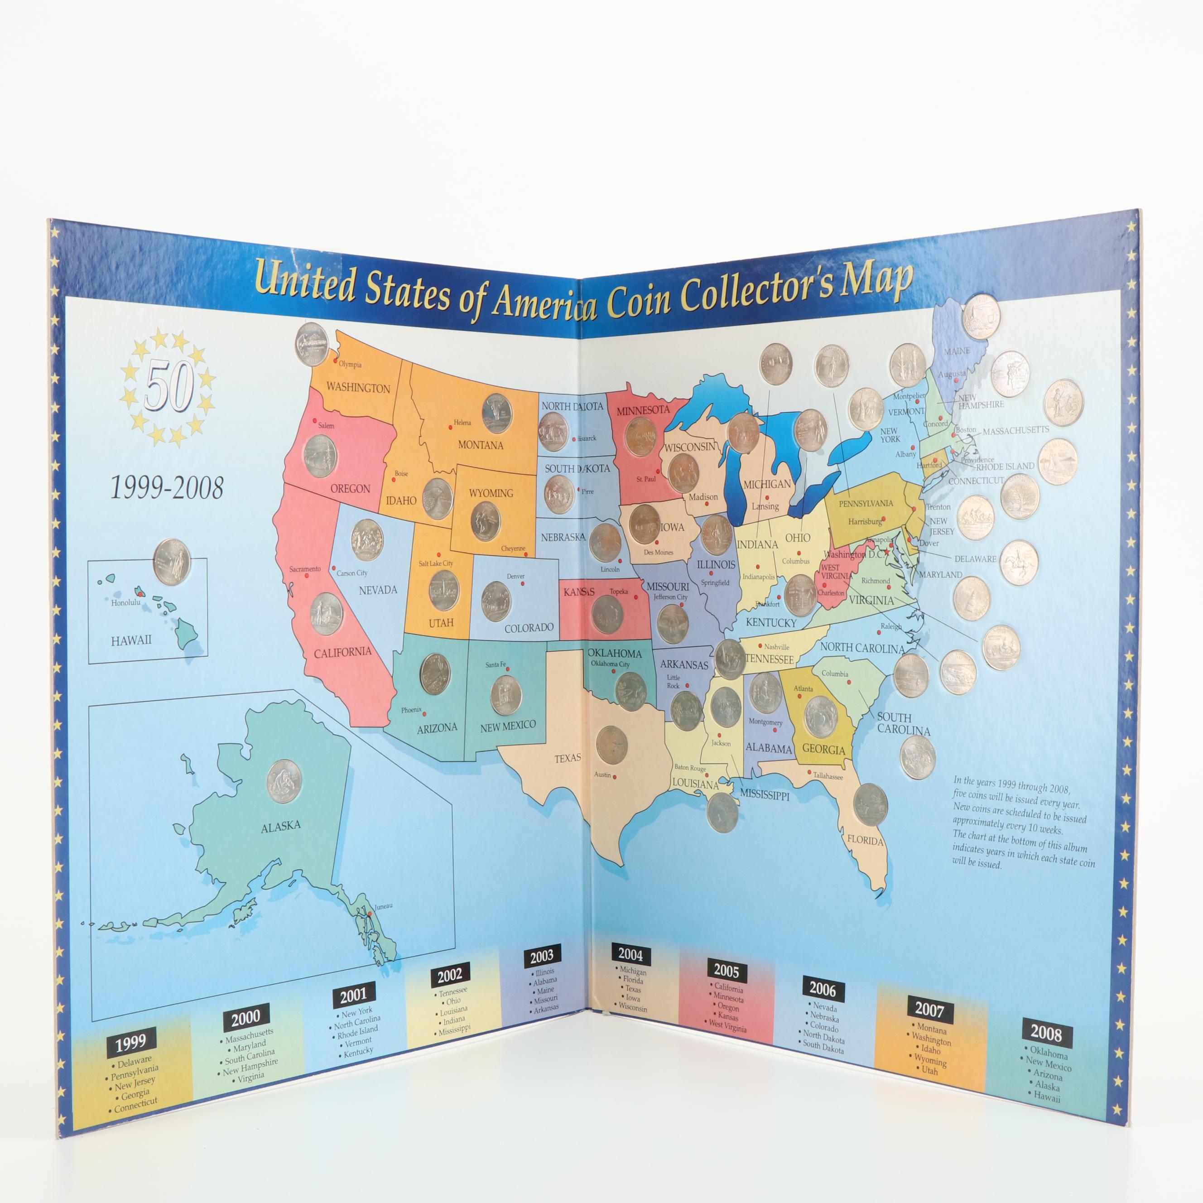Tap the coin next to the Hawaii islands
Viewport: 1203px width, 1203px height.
pos(171,562)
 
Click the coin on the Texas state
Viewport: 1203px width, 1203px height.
pos(611,745)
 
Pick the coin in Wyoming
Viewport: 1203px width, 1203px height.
pos(486,521)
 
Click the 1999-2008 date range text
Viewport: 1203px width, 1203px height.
pos(166,487)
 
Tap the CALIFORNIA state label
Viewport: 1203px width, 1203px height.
pos(342,652)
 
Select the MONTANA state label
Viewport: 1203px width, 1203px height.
pos(480,445)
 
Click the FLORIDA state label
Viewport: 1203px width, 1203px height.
pos(865,840)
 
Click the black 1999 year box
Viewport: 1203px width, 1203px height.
pos(130,1042)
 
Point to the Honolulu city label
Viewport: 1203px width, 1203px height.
pos(126,603)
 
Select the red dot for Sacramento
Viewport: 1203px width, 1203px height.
pos(306,576)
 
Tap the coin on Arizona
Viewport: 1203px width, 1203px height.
pos(435,674)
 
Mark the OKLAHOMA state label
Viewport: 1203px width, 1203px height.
pos(615,653)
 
